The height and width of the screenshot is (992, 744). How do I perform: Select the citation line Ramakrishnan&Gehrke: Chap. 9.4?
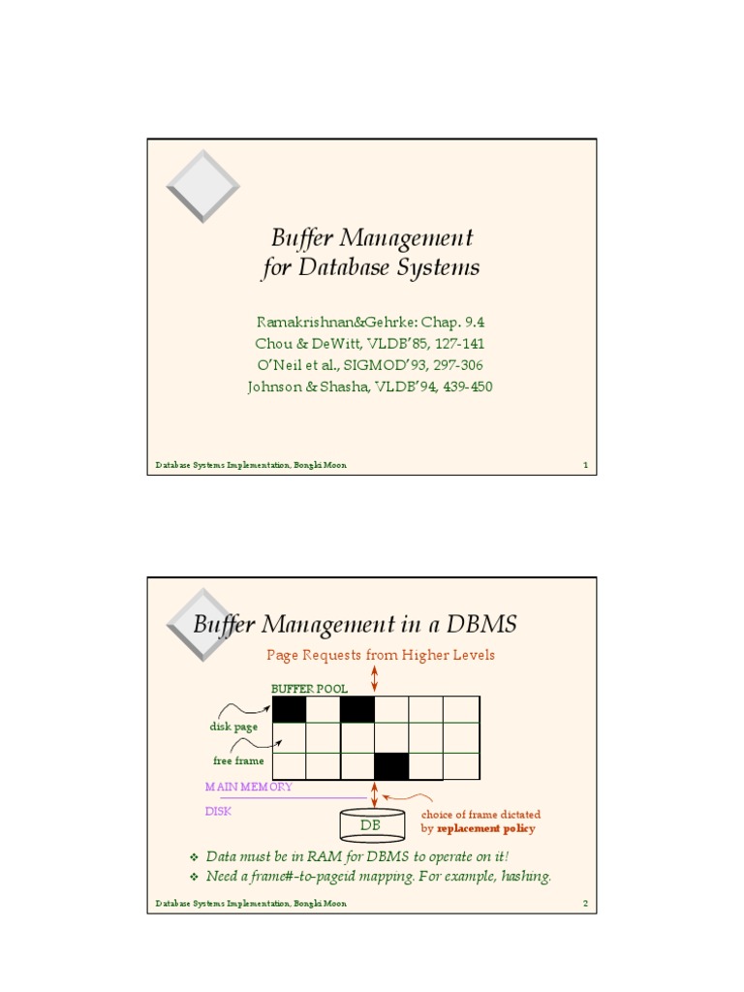tap(370, 322)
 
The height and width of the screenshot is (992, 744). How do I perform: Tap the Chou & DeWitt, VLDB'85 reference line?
tap(370, 344)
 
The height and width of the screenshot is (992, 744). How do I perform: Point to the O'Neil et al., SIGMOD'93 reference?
tap(370, 365)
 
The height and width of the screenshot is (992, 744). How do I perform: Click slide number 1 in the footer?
tap(585, 466)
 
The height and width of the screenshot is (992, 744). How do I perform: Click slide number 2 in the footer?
tap(585, 904)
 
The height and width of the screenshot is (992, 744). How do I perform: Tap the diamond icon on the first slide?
tap(201, 186)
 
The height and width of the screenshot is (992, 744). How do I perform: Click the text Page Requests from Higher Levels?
tap(381, 656)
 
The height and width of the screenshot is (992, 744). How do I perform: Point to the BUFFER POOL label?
tap(309, 689)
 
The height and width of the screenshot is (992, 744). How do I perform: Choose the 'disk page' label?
tap(232, 727)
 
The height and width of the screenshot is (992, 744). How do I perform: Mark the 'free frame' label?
tap(238, 761)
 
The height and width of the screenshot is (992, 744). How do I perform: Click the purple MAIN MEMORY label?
tap(248, 788)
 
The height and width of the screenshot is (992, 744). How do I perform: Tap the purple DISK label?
tap(218, 812)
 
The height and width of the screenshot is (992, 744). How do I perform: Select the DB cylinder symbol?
tap(372, 825)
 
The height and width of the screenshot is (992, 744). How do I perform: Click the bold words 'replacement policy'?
tap(485, 829)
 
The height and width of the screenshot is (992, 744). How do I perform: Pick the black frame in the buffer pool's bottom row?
tap(392, 766)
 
